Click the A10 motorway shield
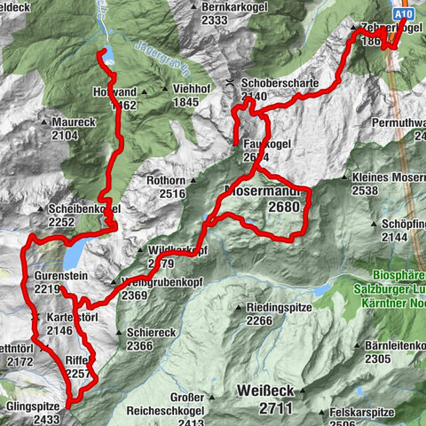point(405,15)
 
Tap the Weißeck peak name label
point(265,390)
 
